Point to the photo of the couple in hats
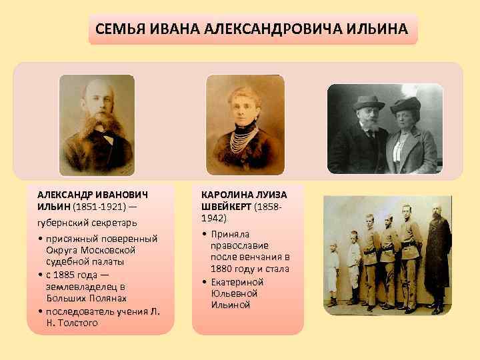pyautogui.click(x=384, y=129)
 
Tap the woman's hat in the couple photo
pyautogui.click(x=405, y=105)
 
